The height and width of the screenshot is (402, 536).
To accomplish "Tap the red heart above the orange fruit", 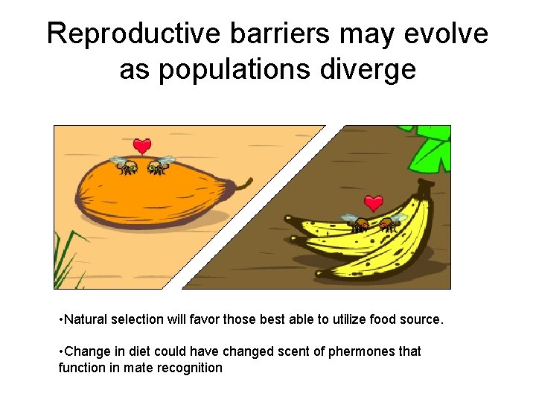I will [142, 146].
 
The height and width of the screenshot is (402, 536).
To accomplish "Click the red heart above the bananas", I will [374, 202].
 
